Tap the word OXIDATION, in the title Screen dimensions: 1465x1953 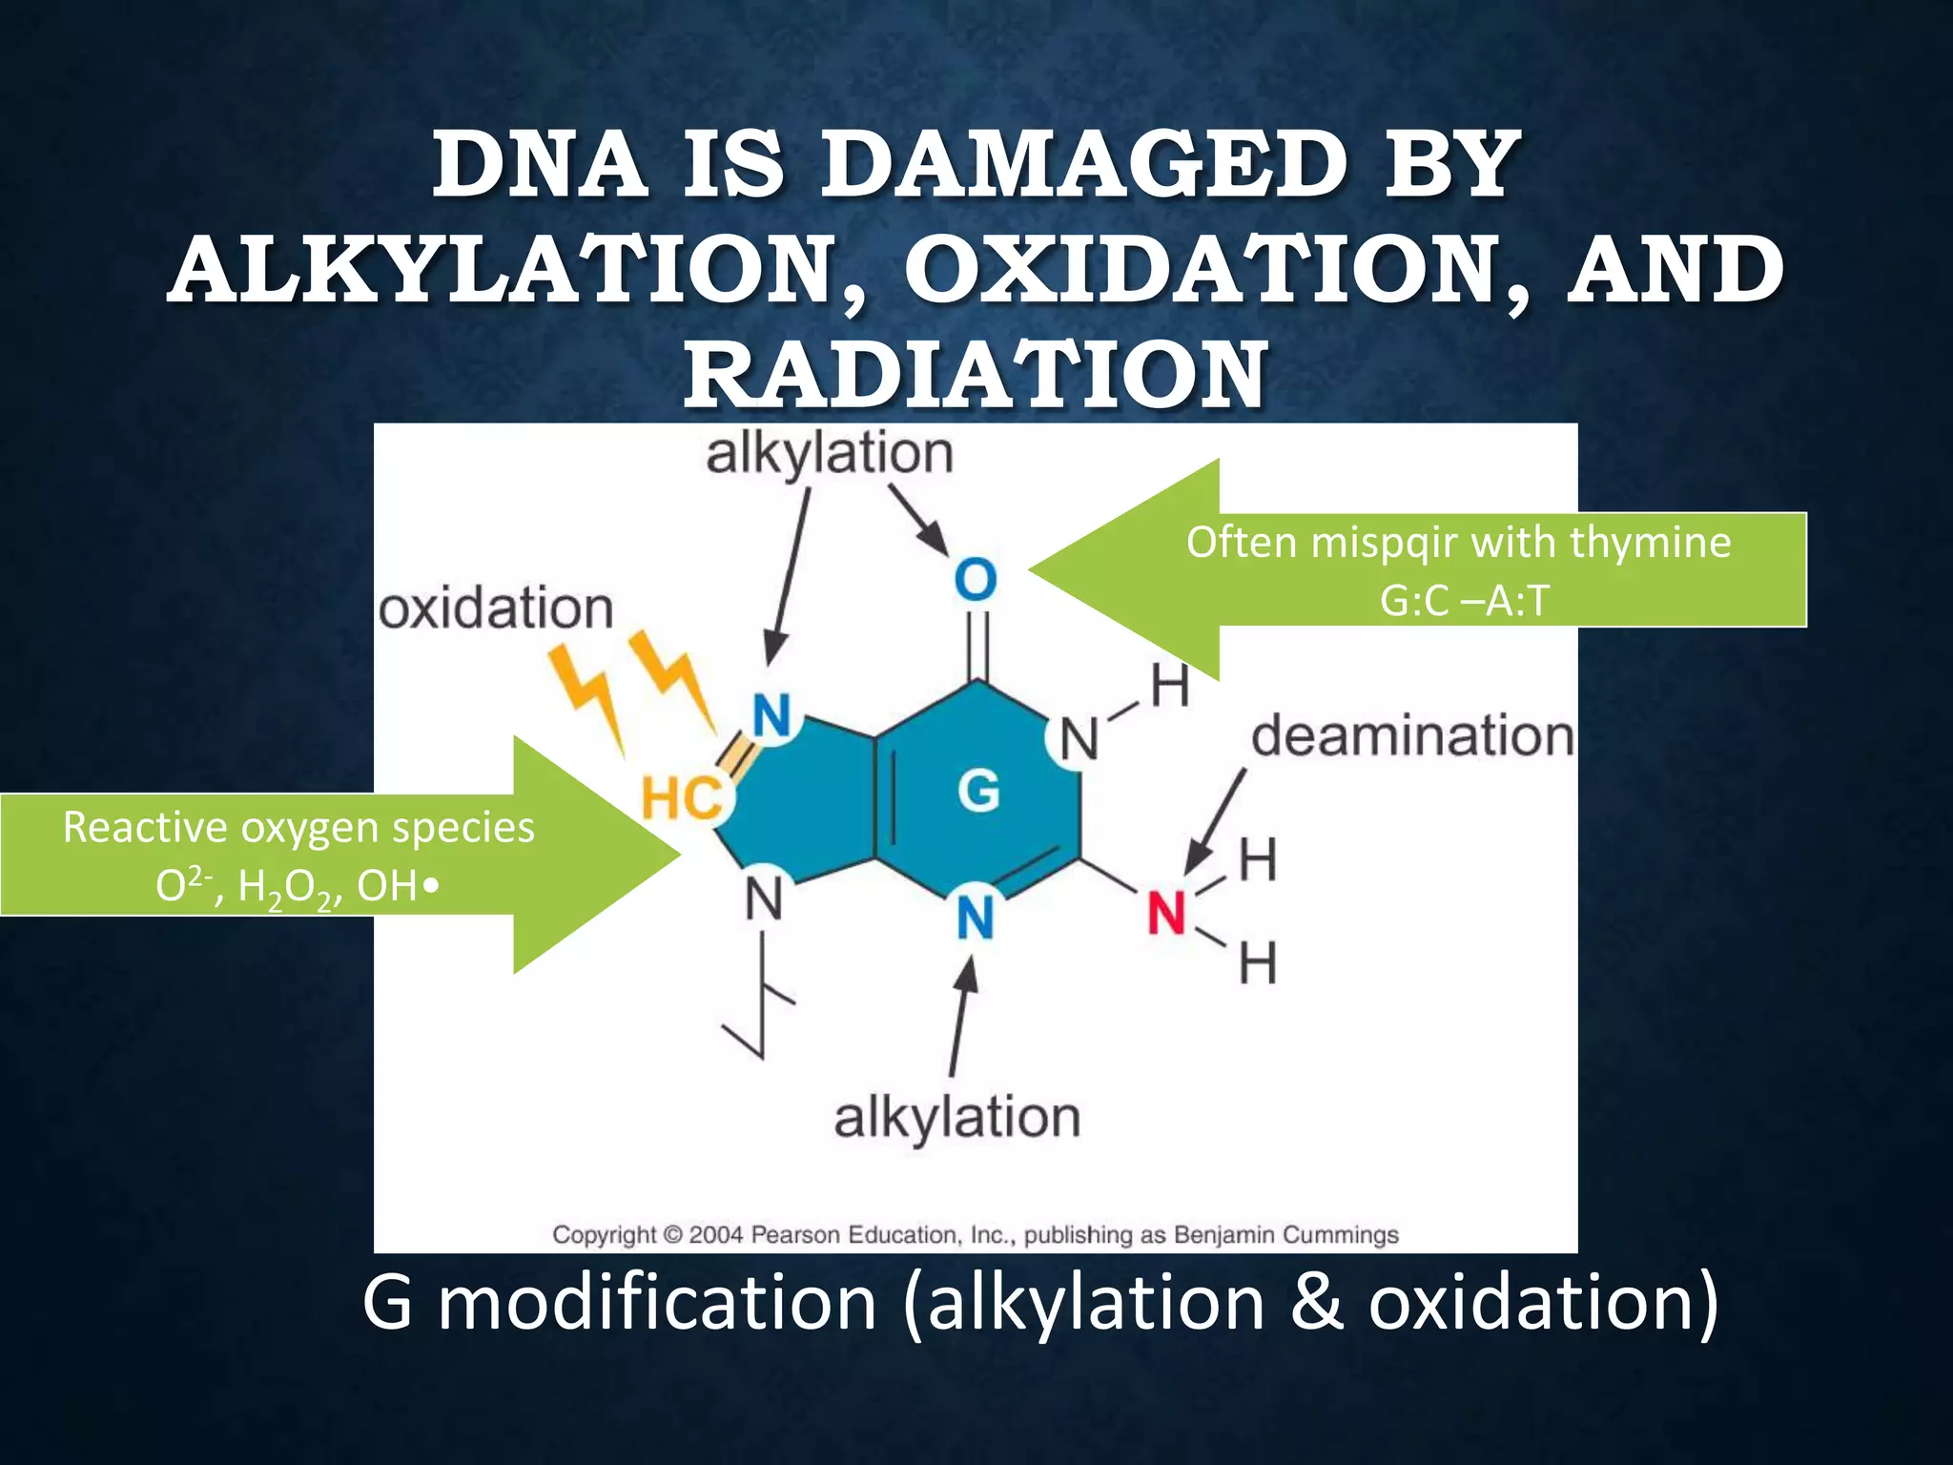pos(1211,271)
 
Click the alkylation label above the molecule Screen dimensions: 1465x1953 pos(828,454)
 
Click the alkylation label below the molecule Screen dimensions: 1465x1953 pos(956,1117)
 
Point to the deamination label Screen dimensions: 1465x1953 pos(1411,736)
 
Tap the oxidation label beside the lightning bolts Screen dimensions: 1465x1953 pos(496,609)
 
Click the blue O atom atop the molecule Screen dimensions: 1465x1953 pos(975,580)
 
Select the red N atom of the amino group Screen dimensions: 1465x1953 pos(1165,914)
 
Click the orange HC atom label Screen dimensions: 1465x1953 pos(681,798)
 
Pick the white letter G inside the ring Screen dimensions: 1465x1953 pos(978,791)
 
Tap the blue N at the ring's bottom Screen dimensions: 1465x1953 pos(975,918)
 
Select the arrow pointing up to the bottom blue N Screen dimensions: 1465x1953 pos(961,1017)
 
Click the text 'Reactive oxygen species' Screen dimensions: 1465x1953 pos(298,827)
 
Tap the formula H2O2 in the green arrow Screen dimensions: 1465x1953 pos(283,887)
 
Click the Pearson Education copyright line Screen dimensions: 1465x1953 pos(975,1235)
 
